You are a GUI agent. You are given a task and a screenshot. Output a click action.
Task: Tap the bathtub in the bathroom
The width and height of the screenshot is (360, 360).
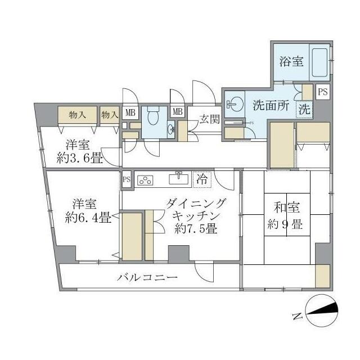click(320, 62)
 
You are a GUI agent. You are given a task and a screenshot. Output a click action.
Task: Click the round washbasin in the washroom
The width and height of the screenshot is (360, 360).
click(234, 104)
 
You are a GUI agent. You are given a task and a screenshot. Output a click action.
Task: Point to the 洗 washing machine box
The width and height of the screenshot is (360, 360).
click(304, 110)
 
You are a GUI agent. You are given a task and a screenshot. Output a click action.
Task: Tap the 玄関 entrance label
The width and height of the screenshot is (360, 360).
click(210, 119)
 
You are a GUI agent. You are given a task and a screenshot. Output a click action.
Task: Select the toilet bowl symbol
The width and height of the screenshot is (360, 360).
click(153, 116)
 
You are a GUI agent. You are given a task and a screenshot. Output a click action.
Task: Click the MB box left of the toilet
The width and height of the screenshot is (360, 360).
click(129, 112)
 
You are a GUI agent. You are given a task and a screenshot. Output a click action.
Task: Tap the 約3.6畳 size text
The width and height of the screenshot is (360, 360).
click(79, 158)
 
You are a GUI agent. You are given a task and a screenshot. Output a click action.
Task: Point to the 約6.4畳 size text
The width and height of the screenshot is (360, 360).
click(87, 217)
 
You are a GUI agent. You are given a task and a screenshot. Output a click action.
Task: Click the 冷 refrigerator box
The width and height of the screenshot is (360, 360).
click(201, 179)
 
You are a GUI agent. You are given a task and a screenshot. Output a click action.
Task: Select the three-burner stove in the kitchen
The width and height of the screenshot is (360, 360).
click(145, 179)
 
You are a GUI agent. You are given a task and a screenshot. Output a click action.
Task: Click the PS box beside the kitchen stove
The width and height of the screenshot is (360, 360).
click(127, 179)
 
